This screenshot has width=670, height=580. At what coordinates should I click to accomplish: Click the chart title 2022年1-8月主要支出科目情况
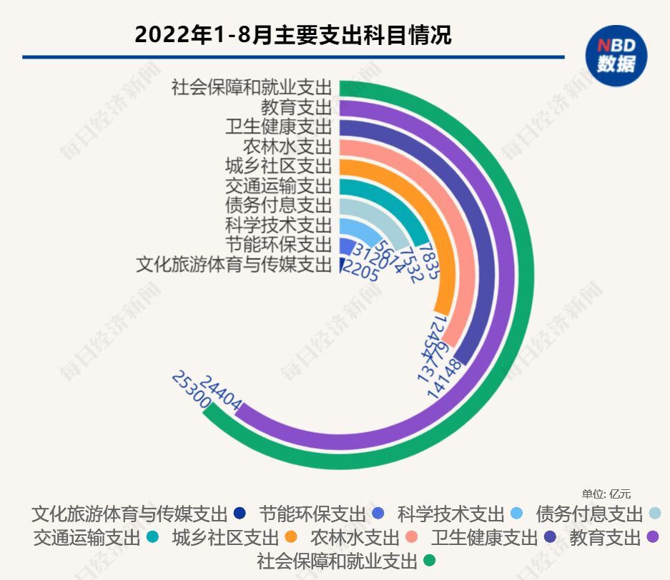293,34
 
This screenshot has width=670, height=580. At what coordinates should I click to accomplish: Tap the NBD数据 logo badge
616,56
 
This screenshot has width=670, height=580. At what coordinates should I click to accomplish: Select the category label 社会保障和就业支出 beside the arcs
252,88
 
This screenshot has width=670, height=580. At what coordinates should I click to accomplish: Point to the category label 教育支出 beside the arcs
296,108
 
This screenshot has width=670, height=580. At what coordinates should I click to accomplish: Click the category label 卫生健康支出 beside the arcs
278,127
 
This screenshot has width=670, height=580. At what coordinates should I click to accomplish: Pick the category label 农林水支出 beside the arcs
287,146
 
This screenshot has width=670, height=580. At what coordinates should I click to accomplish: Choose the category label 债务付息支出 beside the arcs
278,205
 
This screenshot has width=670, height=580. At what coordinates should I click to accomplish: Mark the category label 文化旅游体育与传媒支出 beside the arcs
234,265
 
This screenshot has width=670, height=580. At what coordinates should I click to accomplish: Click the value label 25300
190,391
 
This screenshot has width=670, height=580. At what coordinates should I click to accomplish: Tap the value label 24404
221,392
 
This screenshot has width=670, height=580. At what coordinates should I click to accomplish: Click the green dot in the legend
429,561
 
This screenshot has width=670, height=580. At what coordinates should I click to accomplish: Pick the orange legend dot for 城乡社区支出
290,537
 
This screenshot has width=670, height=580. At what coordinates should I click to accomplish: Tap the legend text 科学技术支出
451,514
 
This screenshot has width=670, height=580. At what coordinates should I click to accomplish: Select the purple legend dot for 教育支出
651,537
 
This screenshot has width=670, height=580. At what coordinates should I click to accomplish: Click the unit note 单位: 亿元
606,494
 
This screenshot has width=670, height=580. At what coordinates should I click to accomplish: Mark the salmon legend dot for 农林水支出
412,537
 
